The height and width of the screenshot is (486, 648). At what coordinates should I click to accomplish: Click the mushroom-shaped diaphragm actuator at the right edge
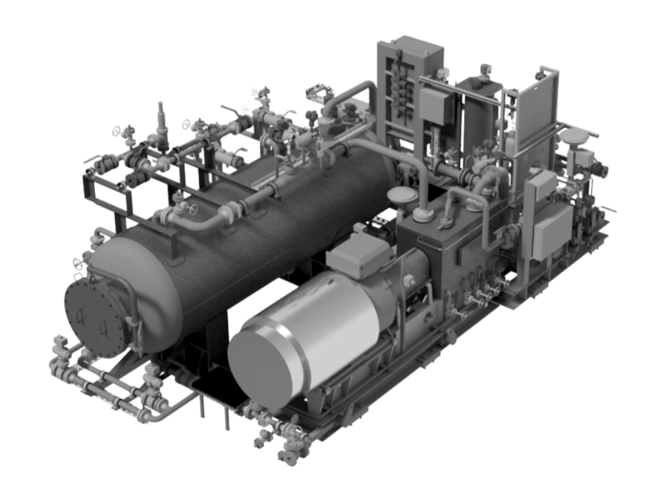click(577, 138)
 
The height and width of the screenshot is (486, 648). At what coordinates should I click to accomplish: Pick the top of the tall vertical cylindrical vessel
click(479, 82)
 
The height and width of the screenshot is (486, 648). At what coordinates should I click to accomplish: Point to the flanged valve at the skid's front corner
click(285, 445)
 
